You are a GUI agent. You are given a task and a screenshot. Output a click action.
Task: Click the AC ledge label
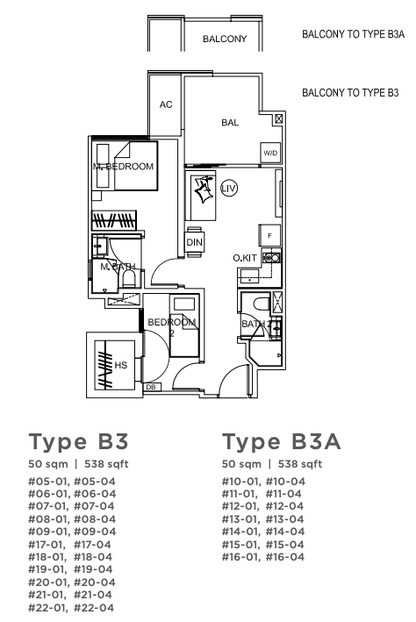[x=166, y=104]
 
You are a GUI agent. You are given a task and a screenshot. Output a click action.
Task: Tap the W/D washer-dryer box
[x=270, y=153]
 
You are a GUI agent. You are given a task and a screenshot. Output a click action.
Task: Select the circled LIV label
[x=229, y=188]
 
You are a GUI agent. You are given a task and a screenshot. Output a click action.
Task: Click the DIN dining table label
[x=195, y=242]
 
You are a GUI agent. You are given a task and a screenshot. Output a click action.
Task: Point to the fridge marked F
[x=270, y=236]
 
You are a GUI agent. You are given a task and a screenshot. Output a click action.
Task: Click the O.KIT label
[x=245, y=258]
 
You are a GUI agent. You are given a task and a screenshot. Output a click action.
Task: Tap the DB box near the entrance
[x=151, y=387]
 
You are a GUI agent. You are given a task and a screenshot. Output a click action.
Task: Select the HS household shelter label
[x=120, y=365]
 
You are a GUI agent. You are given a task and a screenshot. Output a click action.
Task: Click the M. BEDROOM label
[x=123, y=167]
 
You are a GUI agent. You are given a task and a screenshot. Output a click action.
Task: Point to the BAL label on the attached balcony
[x=230, y=123]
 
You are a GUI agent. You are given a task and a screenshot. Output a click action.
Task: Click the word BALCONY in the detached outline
[x=225, y=39]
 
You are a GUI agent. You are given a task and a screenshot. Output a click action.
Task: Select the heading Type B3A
[x=282, y=442]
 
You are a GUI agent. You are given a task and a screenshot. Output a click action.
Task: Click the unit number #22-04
[x=94, y=607]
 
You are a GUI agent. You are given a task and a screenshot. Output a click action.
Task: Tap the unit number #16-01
[x=241, y=556]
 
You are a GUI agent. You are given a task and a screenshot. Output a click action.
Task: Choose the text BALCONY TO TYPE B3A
[x=354, y=34]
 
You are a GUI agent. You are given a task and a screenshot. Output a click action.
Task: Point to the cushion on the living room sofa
[x=204, y=189]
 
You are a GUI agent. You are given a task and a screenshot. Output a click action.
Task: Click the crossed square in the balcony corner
[x=279, y=118]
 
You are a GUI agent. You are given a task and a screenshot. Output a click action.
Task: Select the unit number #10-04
[x=285, y=481]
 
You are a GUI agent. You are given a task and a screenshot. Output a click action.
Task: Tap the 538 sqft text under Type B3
[x=106, y=464]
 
